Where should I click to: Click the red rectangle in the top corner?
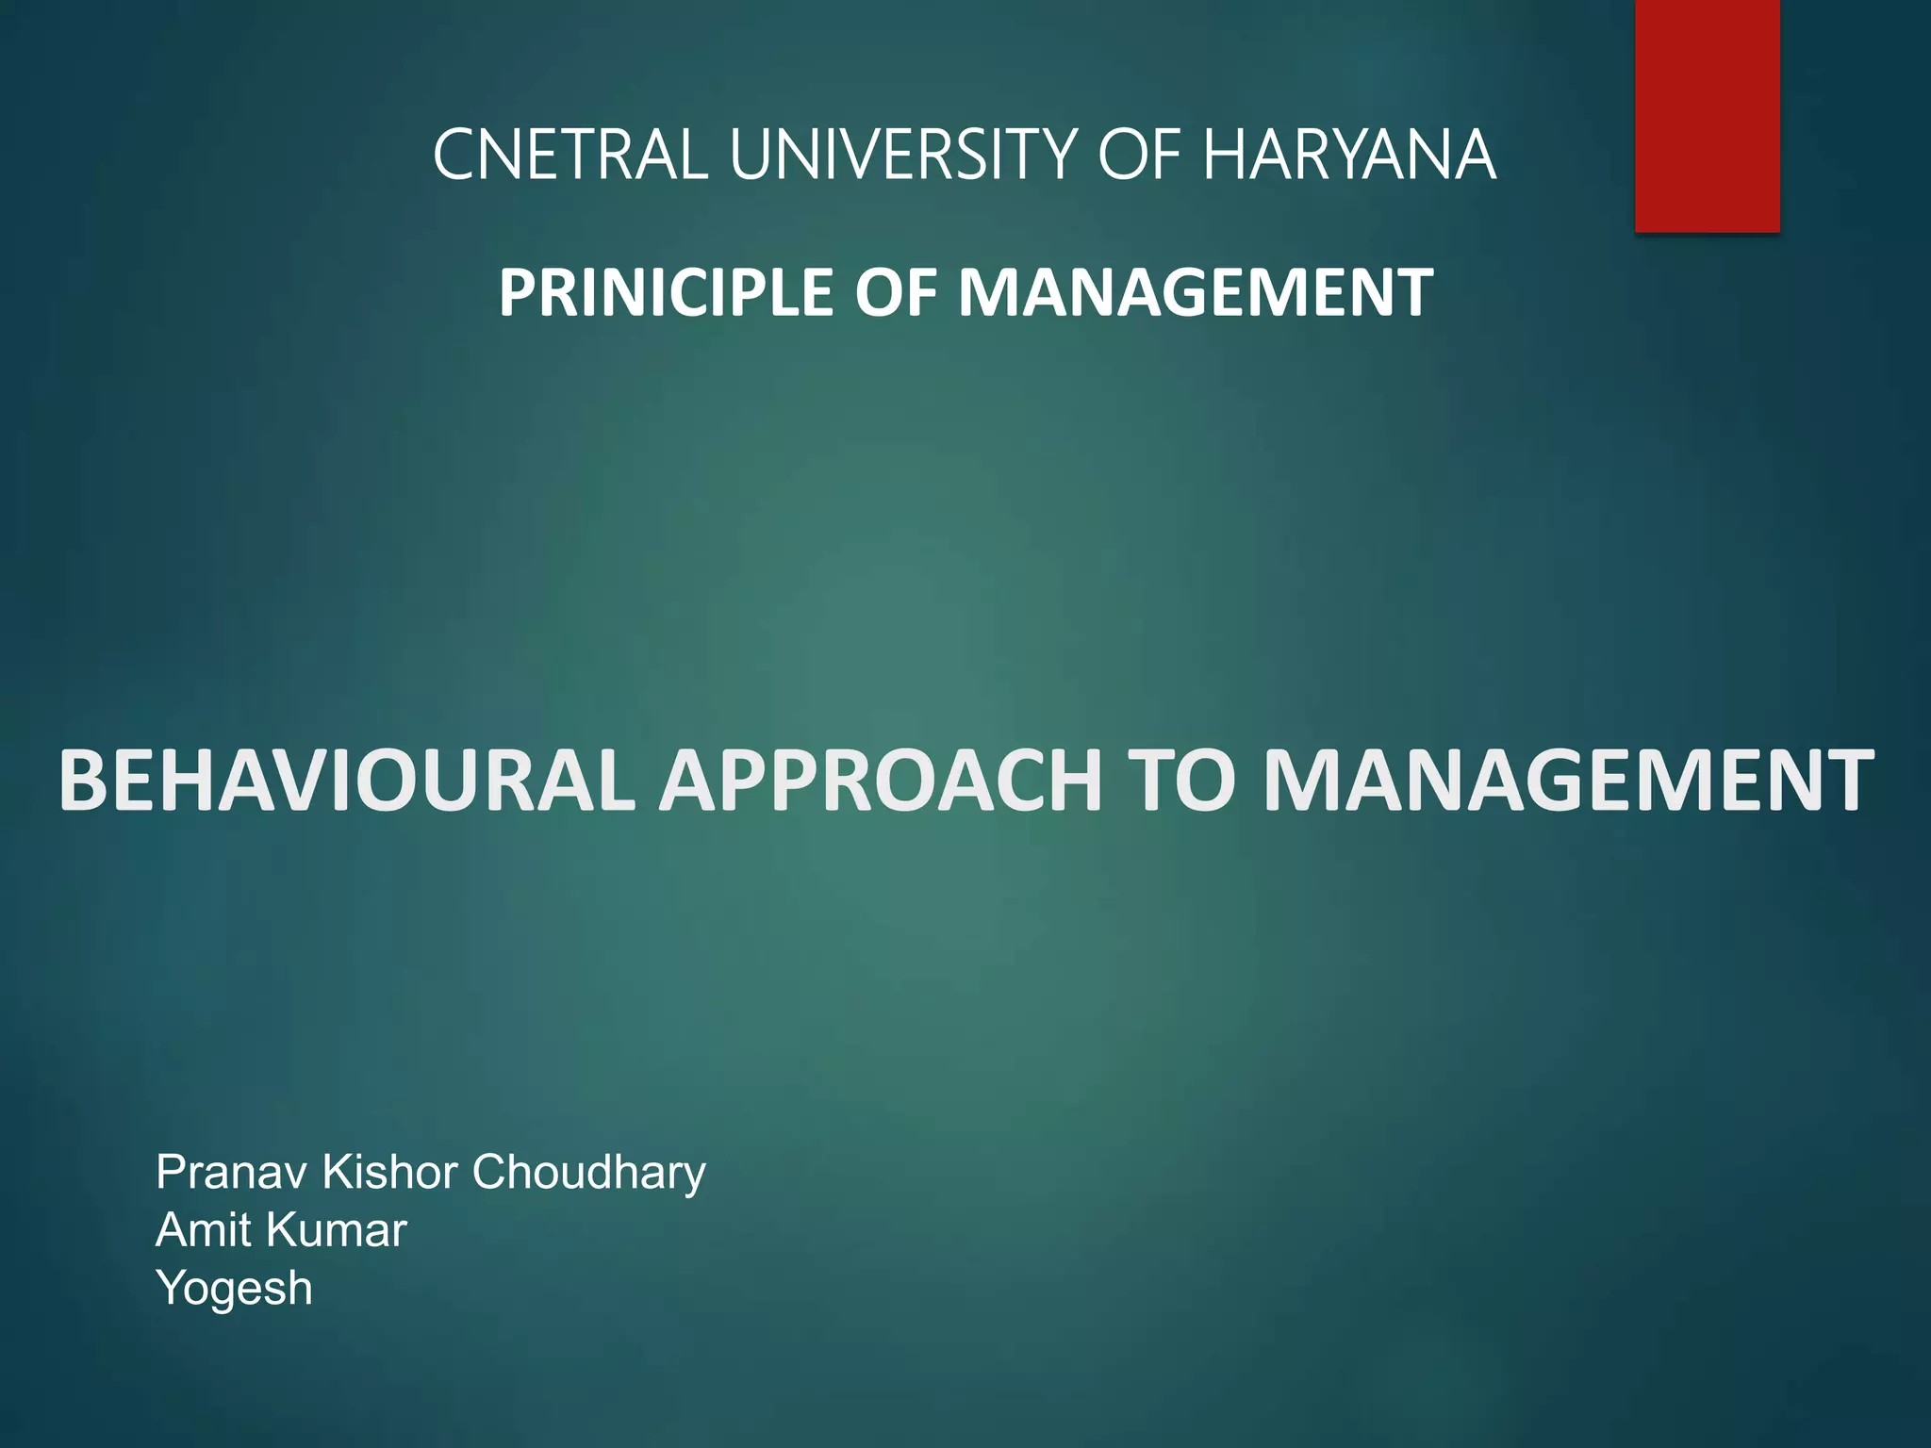[x=1707, y=115]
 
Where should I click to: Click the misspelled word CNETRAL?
[x=569, y=155]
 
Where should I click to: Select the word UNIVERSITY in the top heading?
[x=903, y=155]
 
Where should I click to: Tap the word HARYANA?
[x=1348, y=155]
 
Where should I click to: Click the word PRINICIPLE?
[x=666, y=292]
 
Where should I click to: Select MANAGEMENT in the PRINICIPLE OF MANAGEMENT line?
[x=1196, y=292]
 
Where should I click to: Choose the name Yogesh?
[x=234, y=1289]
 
